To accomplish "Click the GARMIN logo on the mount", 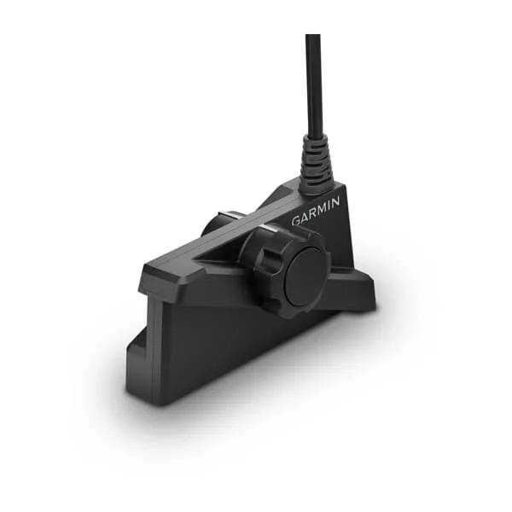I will (316, 211).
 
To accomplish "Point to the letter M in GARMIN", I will (320, 208).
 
